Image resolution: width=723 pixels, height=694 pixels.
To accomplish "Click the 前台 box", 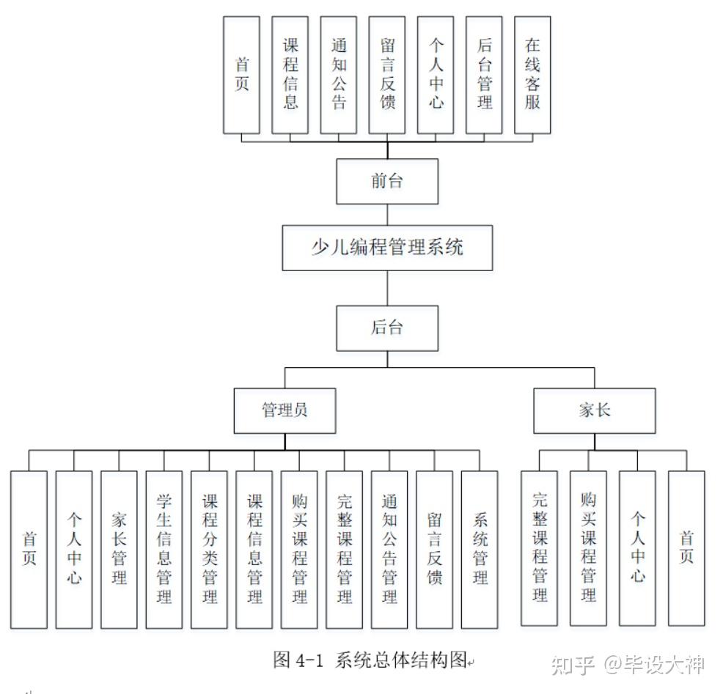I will tap(387, 182).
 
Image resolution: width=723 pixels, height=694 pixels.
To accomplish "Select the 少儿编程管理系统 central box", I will tap(387, 248).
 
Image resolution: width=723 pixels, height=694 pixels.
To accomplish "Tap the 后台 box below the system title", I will tap(387, 328).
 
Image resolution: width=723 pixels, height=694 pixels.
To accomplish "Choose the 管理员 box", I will tap(285, 410).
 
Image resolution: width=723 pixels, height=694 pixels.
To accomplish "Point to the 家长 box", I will tap(594, 410).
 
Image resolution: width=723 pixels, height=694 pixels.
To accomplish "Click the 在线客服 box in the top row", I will tap(532, 75).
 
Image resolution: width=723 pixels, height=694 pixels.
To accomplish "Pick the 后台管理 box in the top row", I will tap(484, 75).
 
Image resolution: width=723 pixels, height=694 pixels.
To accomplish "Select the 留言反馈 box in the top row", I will tap(387, 75).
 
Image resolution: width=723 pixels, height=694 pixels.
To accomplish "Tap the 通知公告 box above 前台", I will tap(339, 75).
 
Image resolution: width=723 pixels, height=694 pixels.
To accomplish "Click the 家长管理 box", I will tap(119, 549).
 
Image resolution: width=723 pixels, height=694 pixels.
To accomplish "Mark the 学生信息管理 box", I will tap(164, 549).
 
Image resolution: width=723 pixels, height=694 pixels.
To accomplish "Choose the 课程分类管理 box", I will tap(209, 549).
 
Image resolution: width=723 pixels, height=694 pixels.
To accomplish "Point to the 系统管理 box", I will tap(480, 549).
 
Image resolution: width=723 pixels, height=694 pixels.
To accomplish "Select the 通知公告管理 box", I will tap(389, 549).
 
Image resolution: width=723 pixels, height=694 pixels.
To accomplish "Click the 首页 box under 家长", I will tap(686, 547).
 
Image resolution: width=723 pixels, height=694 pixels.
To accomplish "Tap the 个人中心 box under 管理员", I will tap(74, 549).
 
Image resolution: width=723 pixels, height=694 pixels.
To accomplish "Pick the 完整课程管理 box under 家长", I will tap(540, 547).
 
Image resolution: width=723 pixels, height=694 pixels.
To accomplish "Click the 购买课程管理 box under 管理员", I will tap(299, 549).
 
